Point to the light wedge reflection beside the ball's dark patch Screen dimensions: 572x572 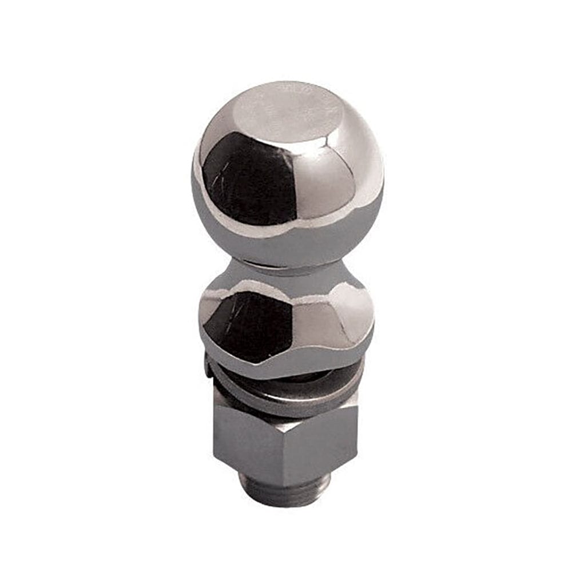tap(326, 183)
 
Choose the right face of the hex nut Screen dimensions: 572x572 tap(332, 440)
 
